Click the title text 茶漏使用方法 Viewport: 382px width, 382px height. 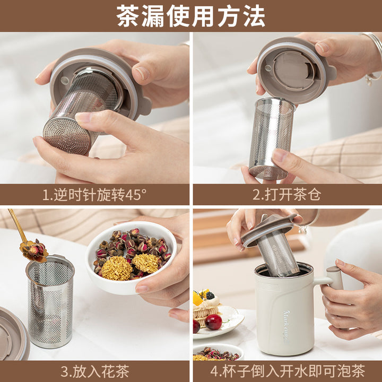[x=191, y=16]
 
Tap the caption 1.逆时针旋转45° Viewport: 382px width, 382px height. [x=94, y=194]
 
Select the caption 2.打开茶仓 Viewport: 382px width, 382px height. [x=286, y=194]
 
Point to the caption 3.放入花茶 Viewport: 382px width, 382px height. [x=95, y=371]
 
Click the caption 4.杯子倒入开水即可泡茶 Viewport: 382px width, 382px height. [x=288, y=371]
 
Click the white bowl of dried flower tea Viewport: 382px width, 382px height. [x=131, y=258]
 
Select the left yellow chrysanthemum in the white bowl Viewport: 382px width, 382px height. [x=117, y=268]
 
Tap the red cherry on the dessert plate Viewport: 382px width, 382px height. [x=213, y=322]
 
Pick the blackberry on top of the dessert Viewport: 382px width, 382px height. [x=210, y=296]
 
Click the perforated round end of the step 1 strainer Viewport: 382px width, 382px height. [x=67, y=136]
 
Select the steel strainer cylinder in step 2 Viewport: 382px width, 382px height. [x=272, y=138]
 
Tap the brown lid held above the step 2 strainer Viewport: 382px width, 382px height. [x=296, y=71]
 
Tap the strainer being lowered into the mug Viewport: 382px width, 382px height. [x=277, y=254]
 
